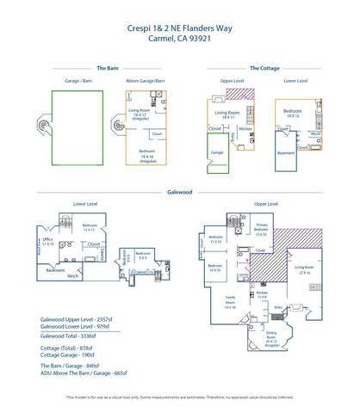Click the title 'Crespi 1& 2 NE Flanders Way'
179,27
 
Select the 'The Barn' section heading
107,67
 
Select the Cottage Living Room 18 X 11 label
227,114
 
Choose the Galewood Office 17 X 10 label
48,243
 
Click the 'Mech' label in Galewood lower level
73,276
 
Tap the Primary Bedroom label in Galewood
261,229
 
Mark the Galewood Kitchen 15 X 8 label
261,295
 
